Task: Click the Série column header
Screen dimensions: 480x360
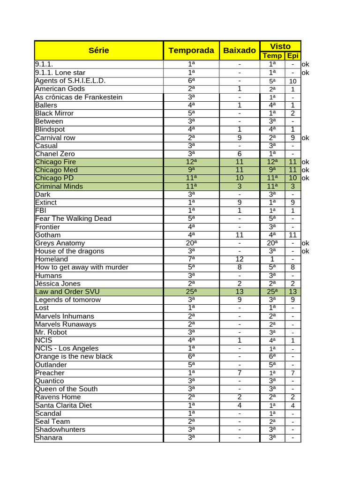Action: tap(98, 50)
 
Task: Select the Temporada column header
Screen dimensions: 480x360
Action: tap(191, 50)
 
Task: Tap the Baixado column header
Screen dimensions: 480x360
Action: tap(240, 50)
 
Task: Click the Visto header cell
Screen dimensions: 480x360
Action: tap(280, 46)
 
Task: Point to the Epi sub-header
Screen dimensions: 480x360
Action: tap(292, 56)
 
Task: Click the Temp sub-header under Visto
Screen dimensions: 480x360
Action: tap(272, 56)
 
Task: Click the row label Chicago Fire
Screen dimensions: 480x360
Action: tap(55, 162)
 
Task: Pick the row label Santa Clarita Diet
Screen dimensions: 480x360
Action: tap(63, 405)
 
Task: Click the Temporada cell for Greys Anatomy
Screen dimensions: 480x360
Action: tap(191, 243)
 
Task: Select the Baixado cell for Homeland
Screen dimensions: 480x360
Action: tap(240, 259)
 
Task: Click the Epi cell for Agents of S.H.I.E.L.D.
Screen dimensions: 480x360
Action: tap(292, 81)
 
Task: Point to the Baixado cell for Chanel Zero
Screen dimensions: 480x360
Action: tap(240, 154)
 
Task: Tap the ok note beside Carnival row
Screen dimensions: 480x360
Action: tap(306, 138)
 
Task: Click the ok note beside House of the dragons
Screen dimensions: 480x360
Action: tap(306, 251)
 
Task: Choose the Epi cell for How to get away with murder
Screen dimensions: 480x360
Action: tap(292, 267)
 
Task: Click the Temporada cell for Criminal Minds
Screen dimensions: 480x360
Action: tap(191, 186)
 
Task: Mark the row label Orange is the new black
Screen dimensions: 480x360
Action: tap(74, 356)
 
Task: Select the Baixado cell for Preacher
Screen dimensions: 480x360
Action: tap(240, 373)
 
